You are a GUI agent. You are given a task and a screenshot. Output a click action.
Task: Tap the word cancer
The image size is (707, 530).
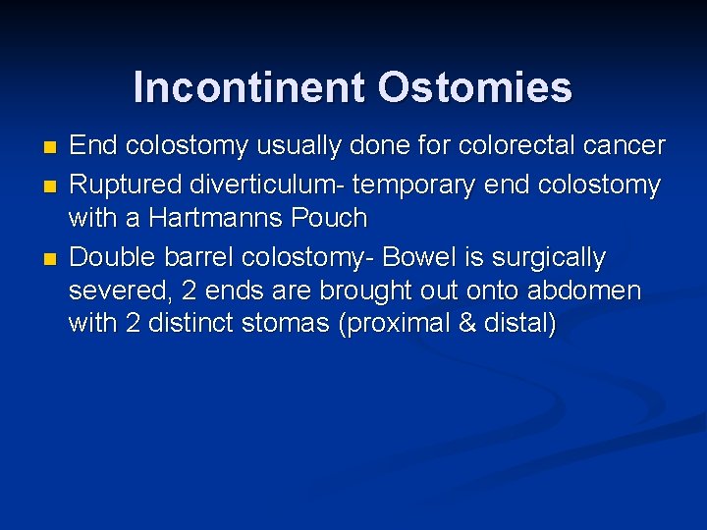pos(624,147)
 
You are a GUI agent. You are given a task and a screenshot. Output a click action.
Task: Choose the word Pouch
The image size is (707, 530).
pos(332,218)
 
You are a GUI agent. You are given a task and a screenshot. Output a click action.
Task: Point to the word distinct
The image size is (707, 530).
pos(197,325)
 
